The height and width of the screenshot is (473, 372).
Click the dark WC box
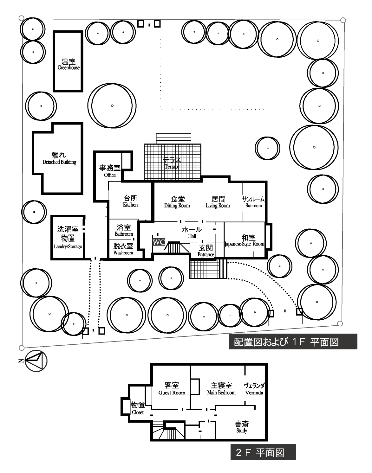(x=159, y=242)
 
